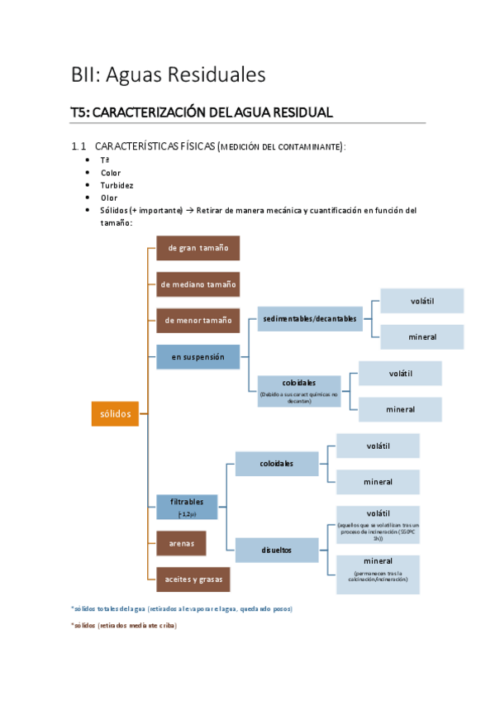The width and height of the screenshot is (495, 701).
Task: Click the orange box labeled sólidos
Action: coord(114,413)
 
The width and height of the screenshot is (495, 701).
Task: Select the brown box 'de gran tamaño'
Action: coord(198,248)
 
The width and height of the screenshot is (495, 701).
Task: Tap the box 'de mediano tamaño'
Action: coord(198,284)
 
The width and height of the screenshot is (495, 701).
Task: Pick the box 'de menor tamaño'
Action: coord(198,320)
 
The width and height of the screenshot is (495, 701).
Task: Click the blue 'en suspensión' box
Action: coord(198,357)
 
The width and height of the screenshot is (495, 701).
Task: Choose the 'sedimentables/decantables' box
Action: coord(310,318)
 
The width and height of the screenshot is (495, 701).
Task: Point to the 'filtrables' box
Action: coord(187,507)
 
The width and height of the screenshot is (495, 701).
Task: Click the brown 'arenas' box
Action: coord(181,544)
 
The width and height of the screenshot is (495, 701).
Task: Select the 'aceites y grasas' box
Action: coord(193,579)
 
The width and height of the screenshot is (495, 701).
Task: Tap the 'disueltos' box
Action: coord(277,550)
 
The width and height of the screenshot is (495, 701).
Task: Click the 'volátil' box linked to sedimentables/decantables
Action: coord(421,301)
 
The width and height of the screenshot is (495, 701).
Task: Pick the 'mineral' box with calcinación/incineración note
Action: coord(378,574)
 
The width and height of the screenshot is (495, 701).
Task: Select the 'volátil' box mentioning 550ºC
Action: coord(378,525)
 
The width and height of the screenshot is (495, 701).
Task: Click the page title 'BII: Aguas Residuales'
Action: coord(168,74)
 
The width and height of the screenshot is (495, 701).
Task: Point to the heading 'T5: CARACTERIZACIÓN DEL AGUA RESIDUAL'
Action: coord(202,112)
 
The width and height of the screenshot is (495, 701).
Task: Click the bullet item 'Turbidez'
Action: coord(117,185)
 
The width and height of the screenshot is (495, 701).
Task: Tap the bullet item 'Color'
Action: coord(111,173)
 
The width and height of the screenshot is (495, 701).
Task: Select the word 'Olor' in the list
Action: coord(109,198)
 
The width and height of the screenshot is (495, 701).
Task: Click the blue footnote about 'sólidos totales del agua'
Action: coord(182,608)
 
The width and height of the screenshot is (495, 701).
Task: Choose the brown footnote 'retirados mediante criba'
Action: coord(124,626)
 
